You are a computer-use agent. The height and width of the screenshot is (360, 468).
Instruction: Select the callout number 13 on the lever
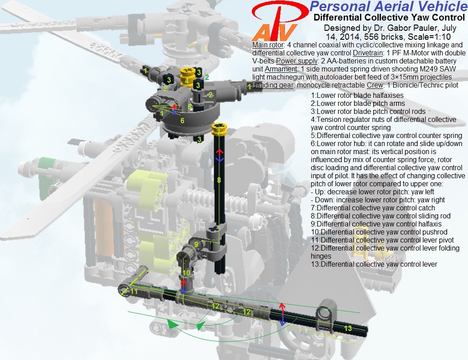(348, 328)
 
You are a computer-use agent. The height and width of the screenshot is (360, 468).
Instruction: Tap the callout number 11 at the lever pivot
(134, 291)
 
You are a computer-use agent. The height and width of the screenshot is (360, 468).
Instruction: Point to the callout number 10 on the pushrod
(186, 273)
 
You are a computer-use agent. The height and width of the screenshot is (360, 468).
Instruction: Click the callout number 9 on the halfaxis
(196, 244)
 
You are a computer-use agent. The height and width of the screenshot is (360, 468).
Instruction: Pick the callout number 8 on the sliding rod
(219, 180)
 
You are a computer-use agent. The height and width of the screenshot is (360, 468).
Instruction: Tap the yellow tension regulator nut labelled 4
(187, 77)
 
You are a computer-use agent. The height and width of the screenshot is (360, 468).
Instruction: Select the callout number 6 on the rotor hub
(182, 121)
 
